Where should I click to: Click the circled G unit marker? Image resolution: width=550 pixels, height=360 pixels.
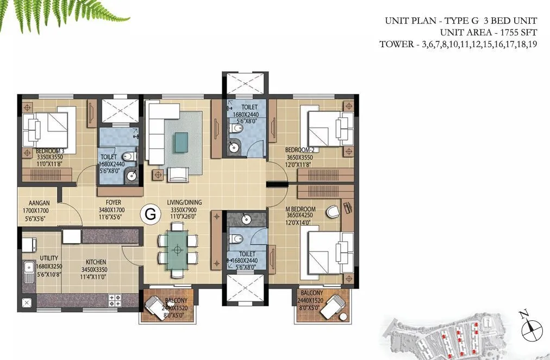coord(150,214)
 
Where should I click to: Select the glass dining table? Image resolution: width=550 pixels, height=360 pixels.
coord(177,249)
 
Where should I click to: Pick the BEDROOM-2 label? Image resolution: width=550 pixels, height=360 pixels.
coord(300,150)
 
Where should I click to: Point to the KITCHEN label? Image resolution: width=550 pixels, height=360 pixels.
coord(95,262)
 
